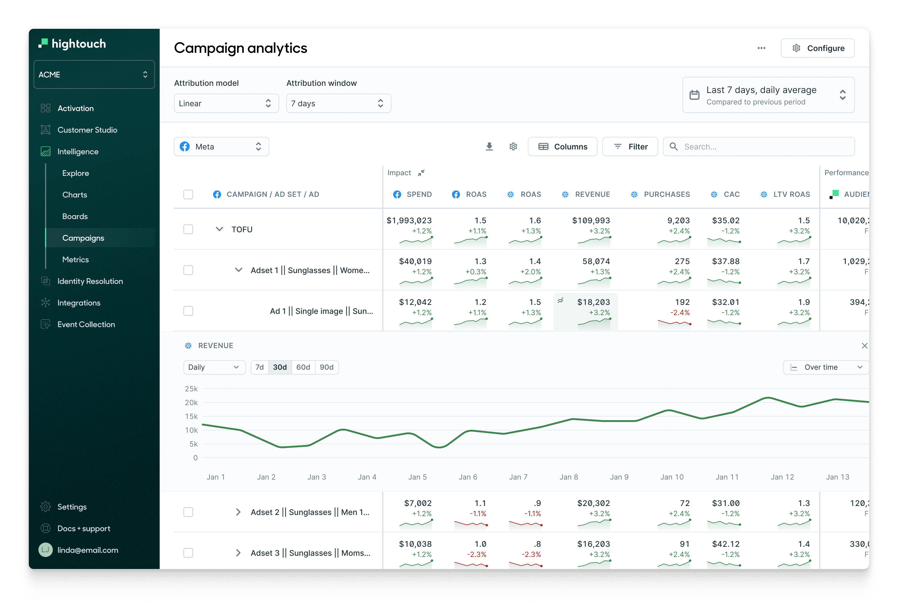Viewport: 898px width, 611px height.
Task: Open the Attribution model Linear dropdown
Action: tap(226, 104)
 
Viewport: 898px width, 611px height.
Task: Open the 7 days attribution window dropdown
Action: tap(338, 104)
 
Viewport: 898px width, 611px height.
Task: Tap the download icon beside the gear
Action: tap(489, 146)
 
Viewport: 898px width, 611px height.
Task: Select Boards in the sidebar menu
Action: tap(75, 216)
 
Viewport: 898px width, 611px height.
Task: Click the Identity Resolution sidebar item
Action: tap(90, 281)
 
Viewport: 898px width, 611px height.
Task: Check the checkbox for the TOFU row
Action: tap(188, 230)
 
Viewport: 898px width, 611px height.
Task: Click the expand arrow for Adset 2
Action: tap(238, 512)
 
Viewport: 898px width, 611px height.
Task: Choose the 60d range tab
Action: tap(303, 367)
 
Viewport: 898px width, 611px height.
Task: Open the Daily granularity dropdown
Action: tap(214, 367)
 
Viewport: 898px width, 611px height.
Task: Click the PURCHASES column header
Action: tap(667, 194)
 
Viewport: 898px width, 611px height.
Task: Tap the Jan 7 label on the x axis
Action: tap(518, 477)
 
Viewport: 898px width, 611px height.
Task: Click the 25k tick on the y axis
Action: tap(191, 389)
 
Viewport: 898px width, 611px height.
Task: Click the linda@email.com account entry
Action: tap(88, 550)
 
